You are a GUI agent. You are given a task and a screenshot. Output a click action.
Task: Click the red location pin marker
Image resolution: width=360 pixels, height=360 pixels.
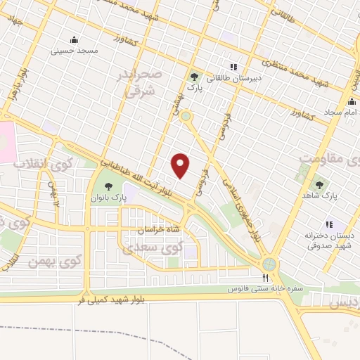click(181, 165)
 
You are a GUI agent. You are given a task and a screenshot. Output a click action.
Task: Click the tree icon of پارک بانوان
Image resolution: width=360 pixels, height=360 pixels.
click(108, 186)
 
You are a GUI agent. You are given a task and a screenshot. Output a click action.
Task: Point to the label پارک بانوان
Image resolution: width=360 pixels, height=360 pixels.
click(108, 198)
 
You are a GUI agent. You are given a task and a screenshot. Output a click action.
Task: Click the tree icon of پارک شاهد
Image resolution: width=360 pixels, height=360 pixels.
click(320, 185)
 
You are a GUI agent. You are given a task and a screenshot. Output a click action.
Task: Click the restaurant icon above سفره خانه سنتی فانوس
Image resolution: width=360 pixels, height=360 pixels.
click(265, 278)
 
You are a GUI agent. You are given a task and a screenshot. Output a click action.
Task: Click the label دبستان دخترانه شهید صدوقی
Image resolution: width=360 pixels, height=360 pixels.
click(329, 240)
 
